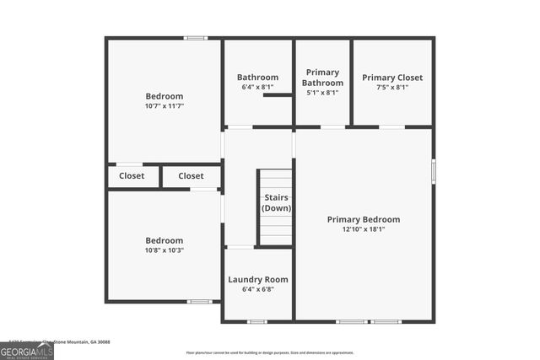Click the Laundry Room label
coord(258,280)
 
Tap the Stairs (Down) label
coord(276,202)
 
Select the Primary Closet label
coord(392,78)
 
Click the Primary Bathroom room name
coord(323,78)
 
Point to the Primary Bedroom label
coord(364,219)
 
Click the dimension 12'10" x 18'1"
coord(364,229)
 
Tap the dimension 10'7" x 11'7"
coord(164,106)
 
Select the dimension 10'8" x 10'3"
coord(164,250)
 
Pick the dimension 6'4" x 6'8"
coord(258,290)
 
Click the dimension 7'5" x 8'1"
coord(392,88)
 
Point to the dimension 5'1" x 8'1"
coord(323,93)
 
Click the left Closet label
coord(132,176)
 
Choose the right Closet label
coord(191,176)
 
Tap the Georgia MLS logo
coord(27,351)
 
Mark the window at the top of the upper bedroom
coord(196,37)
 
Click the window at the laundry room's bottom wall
coord(257,321)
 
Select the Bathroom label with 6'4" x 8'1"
coord(257,78)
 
